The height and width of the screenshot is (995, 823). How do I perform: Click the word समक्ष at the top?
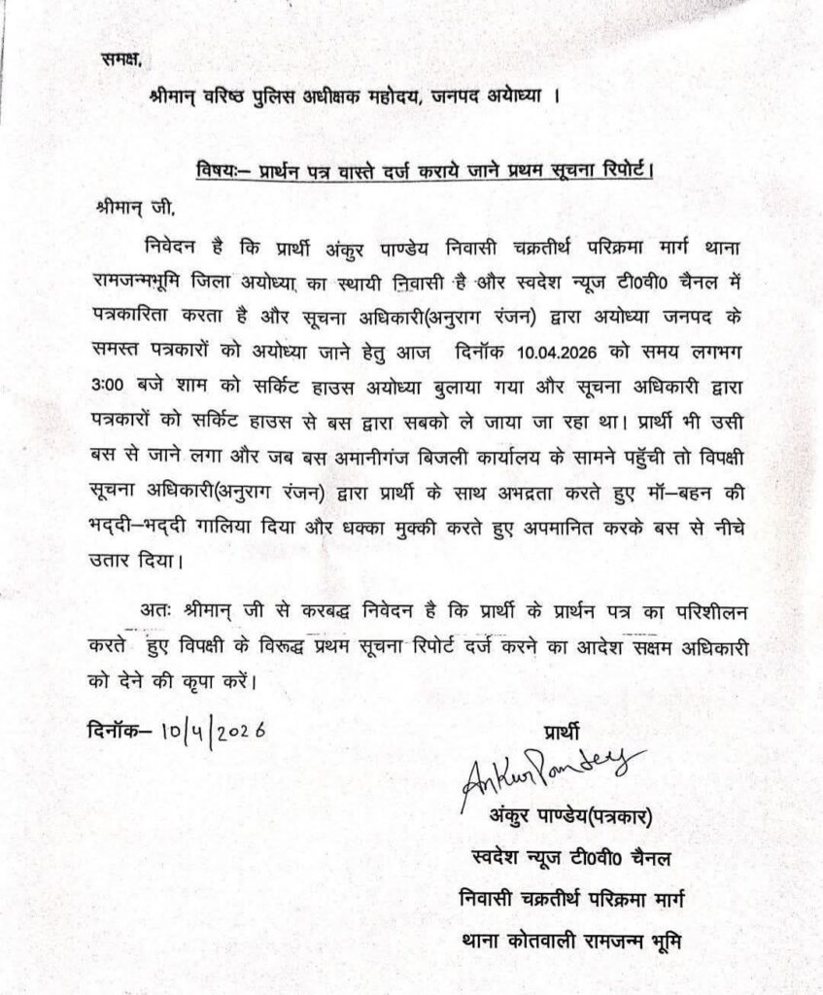point(120,59)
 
